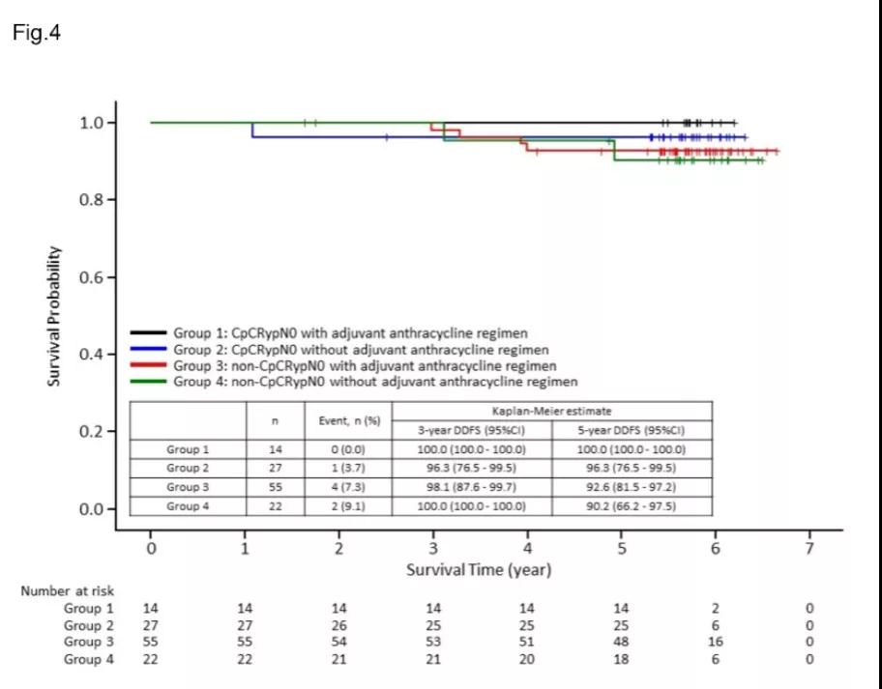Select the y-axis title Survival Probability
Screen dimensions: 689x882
[56, 316]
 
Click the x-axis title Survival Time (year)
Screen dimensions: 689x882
[479, 569]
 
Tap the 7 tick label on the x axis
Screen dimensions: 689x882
[810, 548]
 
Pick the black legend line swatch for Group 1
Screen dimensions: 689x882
[149, 333]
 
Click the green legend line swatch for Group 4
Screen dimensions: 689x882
[149, 382]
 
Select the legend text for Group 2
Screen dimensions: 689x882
[361, 350]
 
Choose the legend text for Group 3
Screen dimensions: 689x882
[365, 366]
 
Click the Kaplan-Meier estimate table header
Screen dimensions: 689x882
[551, 411]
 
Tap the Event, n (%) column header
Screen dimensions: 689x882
[349, 420]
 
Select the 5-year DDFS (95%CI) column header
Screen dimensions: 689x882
[632, 430]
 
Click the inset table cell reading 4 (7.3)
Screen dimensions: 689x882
[349, 487]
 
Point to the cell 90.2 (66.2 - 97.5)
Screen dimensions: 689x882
[632, 506]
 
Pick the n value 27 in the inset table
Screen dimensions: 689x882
[276, 469]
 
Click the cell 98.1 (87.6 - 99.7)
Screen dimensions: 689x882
[471, 487]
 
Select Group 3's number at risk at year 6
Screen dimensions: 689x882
[716, 642]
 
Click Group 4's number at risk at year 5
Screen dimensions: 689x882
[621, 659]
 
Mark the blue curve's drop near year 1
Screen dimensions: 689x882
[252, 129]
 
